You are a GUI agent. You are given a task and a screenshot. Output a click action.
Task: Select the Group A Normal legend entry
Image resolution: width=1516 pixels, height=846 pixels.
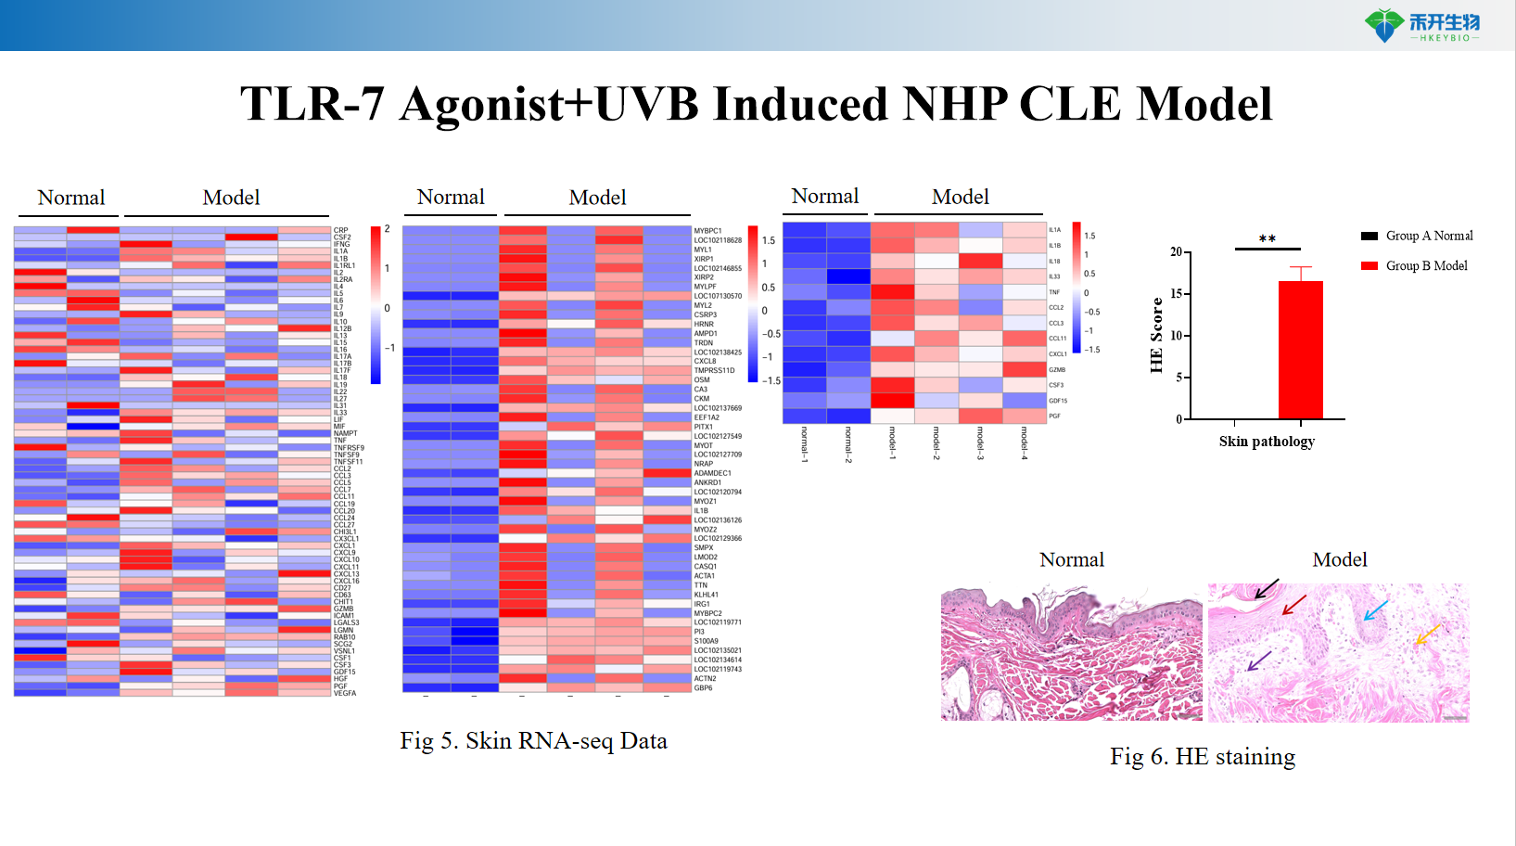point(1417,236)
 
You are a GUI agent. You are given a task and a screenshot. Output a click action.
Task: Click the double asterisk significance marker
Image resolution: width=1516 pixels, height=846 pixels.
point(1267,239)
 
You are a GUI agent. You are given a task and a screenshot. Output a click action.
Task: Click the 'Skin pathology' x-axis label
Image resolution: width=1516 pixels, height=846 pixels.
point(1267,442)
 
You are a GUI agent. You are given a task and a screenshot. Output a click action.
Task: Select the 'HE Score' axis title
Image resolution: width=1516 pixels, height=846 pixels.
point(1156,336)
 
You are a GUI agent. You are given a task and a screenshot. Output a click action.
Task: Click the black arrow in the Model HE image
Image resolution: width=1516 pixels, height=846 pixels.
point(1267,589)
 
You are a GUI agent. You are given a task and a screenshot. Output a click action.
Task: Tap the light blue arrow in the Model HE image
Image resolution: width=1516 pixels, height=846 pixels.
point(1375,610)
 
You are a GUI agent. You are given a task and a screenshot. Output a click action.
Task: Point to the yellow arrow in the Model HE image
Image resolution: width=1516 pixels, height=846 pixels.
point(1427,634)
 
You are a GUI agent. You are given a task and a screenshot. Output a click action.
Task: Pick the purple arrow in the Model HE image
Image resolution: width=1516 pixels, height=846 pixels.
point(1258,660)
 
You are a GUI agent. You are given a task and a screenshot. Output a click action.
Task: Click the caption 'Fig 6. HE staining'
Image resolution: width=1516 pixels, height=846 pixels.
point(1202,757)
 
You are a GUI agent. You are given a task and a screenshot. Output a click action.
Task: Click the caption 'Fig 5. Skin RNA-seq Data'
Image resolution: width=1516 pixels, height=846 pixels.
point(533,741)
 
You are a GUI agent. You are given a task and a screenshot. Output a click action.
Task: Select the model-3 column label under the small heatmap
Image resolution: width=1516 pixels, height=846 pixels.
point(980,442)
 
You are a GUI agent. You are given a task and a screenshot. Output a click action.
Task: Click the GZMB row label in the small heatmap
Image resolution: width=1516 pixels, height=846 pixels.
point(1057,369)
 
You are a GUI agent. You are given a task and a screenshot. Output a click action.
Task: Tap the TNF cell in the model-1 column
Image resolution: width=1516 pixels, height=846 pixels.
point(892,292)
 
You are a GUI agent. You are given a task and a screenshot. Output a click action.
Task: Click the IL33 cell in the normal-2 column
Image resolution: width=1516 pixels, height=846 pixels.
point(848,276)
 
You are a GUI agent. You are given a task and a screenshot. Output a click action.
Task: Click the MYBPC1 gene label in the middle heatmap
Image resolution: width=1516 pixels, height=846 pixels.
point(707,231)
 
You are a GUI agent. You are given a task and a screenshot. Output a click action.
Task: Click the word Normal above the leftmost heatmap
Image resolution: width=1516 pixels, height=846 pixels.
point(70,198)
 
